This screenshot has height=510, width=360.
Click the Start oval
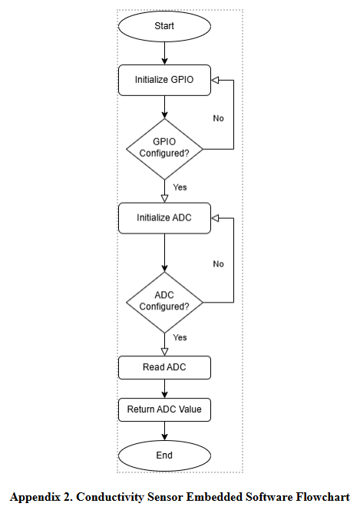tap(164, 26)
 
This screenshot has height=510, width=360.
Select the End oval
tap(164, 455)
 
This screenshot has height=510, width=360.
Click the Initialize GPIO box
tap(164, 79)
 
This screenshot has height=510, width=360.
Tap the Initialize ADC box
tap(164, 217)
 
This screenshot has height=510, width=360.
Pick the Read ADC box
tap(164, 367)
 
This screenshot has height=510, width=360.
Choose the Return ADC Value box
tap(164, 409)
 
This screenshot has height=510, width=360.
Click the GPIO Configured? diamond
tap(164, 147)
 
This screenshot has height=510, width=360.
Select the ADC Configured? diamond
tap(164, 300)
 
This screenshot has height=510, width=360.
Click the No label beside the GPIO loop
tap(218, 119)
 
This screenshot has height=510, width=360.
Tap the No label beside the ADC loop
tap(218, 264)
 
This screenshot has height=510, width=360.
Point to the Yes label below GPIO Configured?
tap(180, 187)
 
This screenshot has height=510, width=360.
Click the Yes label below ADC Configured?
tap(180, 338)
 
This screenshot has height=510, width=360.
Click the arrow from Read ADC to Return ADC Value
tap(164, 388)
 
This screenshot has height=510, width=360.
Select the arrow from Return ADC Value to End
tap(164, 431)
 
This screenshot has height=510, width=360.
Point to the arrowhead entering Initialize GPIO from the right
tap(216, 79)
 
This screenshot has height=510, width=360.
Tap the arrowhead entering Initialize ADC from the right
tap(216, 217)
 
